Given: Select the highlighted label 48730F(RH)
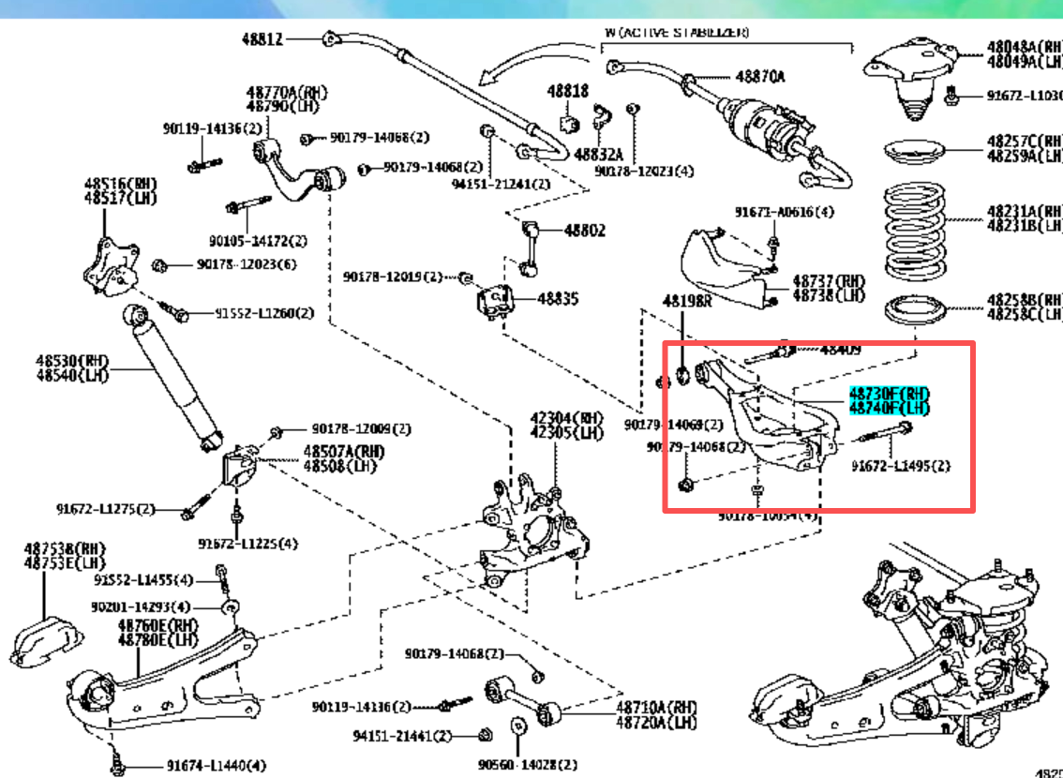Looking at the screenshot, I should pyautogui.click(x=889, y=393).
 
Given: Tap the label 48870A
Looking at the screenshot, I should pyautogui.click(x=759, y=76).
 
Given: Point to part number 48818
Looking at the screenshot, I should pyautogui.click(x=568, y=91).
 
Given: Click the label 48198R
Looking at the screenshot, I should pyautogui.click(x=688, y=302).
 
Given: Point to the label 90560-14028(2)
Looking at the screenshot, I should pyautogui.click(x=528, y=765).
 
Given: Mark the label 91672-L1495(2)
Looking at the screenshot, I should pyautogui.click(x=900, y=466).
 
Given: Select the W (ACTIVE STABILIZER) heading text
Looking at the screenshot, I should pyautogui.click(x=677, y=32).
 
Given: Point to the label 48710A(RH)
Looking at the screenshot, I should pyautogui.click(x=657, y=707).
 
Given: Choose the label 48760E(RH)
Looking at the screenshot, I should pyautogui.click(x=158, y=625).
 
